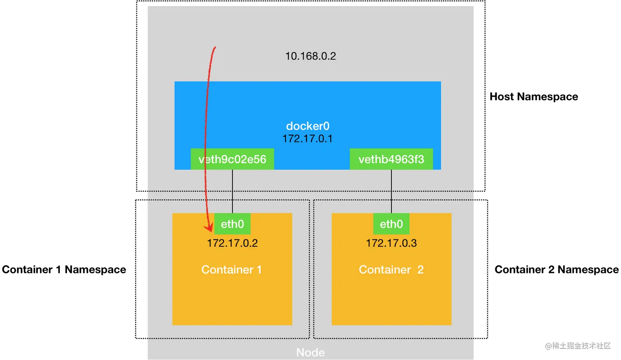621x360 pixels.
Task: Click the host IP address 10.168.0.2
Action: [x=310, y=56]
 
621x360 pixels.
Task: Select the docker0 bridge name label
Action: [x=308, y=126]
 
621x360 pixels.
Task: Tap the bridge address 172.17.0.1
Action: [x=307, y=139]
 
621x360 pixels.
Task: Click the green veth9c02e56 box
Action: [x=232, y=159]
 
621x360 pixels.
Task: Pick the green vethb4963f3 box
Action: [x=391, y=159]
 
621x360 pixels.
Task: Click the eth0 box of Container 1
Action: [x=232, y=224]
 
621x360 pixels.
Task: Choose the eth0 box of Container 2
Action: [x=391, y=224]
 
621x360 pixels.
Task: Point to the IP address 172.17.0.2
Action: [x=232, y=243]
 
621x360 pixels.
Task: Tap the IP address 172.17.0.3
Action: [x=391, y=243]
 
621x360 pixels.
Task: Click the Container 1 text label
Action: [x=231, y=270]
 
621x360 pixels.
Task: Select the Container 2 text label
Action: [x=391, y=270]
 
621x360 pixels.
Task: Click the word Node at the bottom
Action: [x=310, y=353]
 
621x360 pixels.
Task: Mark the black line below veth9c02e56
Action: [x=232, y=191]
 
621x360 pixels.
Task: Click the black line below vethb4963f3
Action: [x=391, y=191]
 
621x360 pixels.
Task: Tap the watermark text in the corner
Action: [x=577, y=345]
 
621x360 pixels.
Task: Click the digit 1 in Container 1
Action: [x=259, y=270]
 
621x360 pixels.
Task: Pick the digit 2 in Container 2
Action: [x=420, y=270]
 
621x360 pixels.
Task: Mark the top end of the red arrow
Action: [x=215, y=48]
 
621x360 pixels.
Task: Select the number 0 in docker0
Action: [x=326, y=126]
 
